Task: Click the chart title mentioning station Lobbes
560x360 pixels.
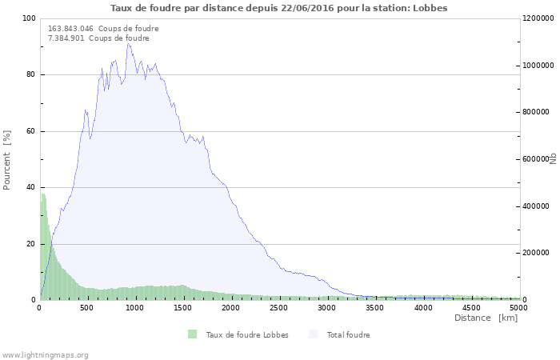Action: coord(278,8)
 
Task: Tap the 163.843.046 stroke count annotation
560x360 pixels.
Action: coord(103,29)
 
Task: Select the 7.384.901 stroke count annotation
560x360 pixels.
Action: coord(98,38)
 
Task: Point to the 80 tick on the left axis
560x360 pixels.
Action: coord(31,74)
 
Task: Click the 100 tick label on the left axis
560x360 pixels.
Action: coord(29,18)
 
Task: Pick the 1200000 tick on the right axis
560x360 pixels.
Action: coord(538,18)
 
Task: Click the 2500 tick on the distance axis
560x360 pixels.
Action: coord(278,308)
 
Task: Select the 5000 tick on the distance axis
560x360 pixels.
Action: coord(519,308)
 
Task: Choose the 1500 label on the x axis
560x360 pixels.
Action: coord(182,308)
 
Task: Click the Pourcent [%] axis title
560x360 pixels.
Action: coord(6,160)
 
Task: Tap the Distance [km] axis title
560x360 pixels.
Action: coord(486,318)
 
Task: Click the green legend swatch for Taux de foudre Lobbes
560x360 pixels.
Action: coord(193,334)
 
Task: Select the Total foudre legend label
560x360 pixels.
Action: coord(348,335)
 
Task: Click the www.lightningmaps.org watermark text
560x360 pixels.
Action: coord(45,355)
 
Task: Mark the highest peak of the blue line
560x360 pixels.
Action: coord(128,43)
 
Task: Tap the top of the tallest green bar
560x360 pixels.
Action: coord(43,194)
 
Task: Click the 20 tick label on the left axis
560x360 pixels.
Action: coord(31,244)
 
